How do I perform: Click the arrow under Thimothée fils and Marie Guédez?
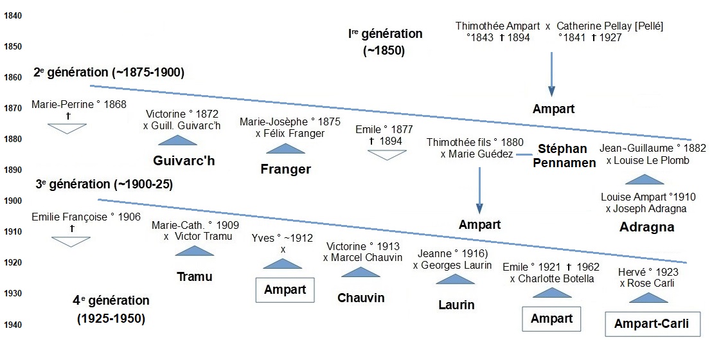[x=479, y=190]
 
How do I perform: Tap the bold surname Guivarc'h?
[x=184, y=161]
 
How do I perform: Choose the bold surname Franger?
[x=285, y=170]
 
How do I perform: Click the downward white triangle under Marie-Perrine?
[x=67, y=129]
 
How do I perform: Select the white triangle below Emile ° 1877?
[x=387, y=155]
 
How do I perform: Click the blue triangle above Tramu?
[x=194, y=251]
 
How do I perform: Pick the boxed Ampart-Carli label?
[x=651, y=324]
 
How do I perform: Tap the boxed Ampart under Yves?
[x=285, y=289]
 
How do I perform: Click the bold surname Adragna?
[x=646, y=227]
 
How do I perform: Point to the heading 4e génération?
[x=111, y=300]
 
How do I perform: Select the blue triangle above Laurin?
[x=455, y=279]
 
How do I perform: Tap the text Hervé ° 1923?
[x=648, y=272]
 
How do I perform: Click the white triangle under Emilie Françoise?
[x=71, y=242]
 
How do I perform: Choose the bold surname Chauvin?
[x=360, y=298]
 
